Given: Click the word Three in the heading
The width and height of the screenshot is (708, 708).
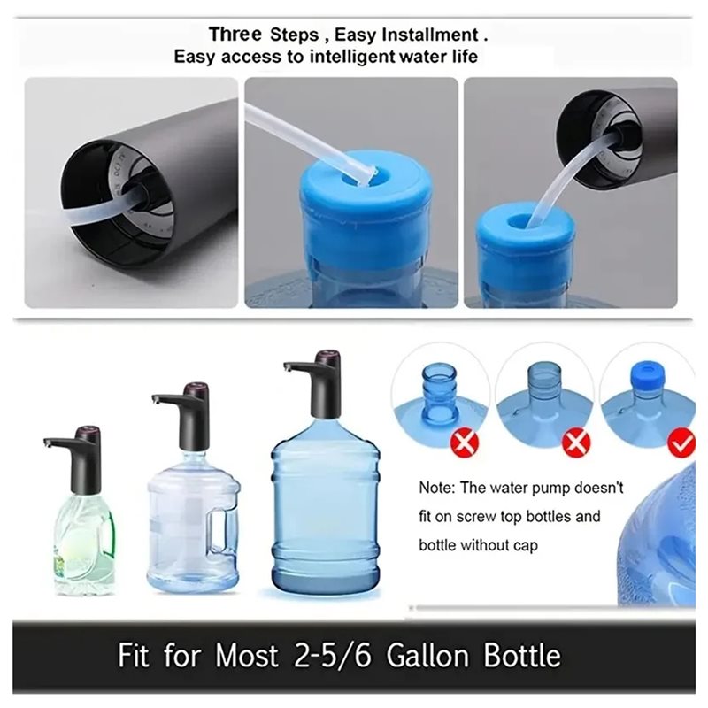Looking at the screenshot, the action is (x=235, y=35).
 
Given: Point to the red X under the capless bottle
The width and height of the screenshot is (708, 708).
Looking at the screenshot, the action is (x=464, y=443).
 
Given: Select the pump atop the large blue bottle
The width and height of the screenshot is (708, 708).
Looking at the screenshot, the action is (x=317, y=384).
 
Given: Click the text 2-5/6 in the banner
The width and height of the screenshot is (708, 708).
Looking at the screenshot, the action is (x=333, y=655).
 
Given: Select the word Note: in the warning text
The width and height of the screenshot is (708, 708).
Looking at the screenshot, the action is (x=437, y=488).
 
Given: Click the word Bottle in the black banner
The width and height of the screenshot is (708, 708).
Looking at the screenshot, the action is (x=522, y=655).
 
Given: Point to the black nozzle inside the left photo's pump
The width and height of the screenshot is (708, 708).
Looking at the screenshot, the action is (x=139, y=195).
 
